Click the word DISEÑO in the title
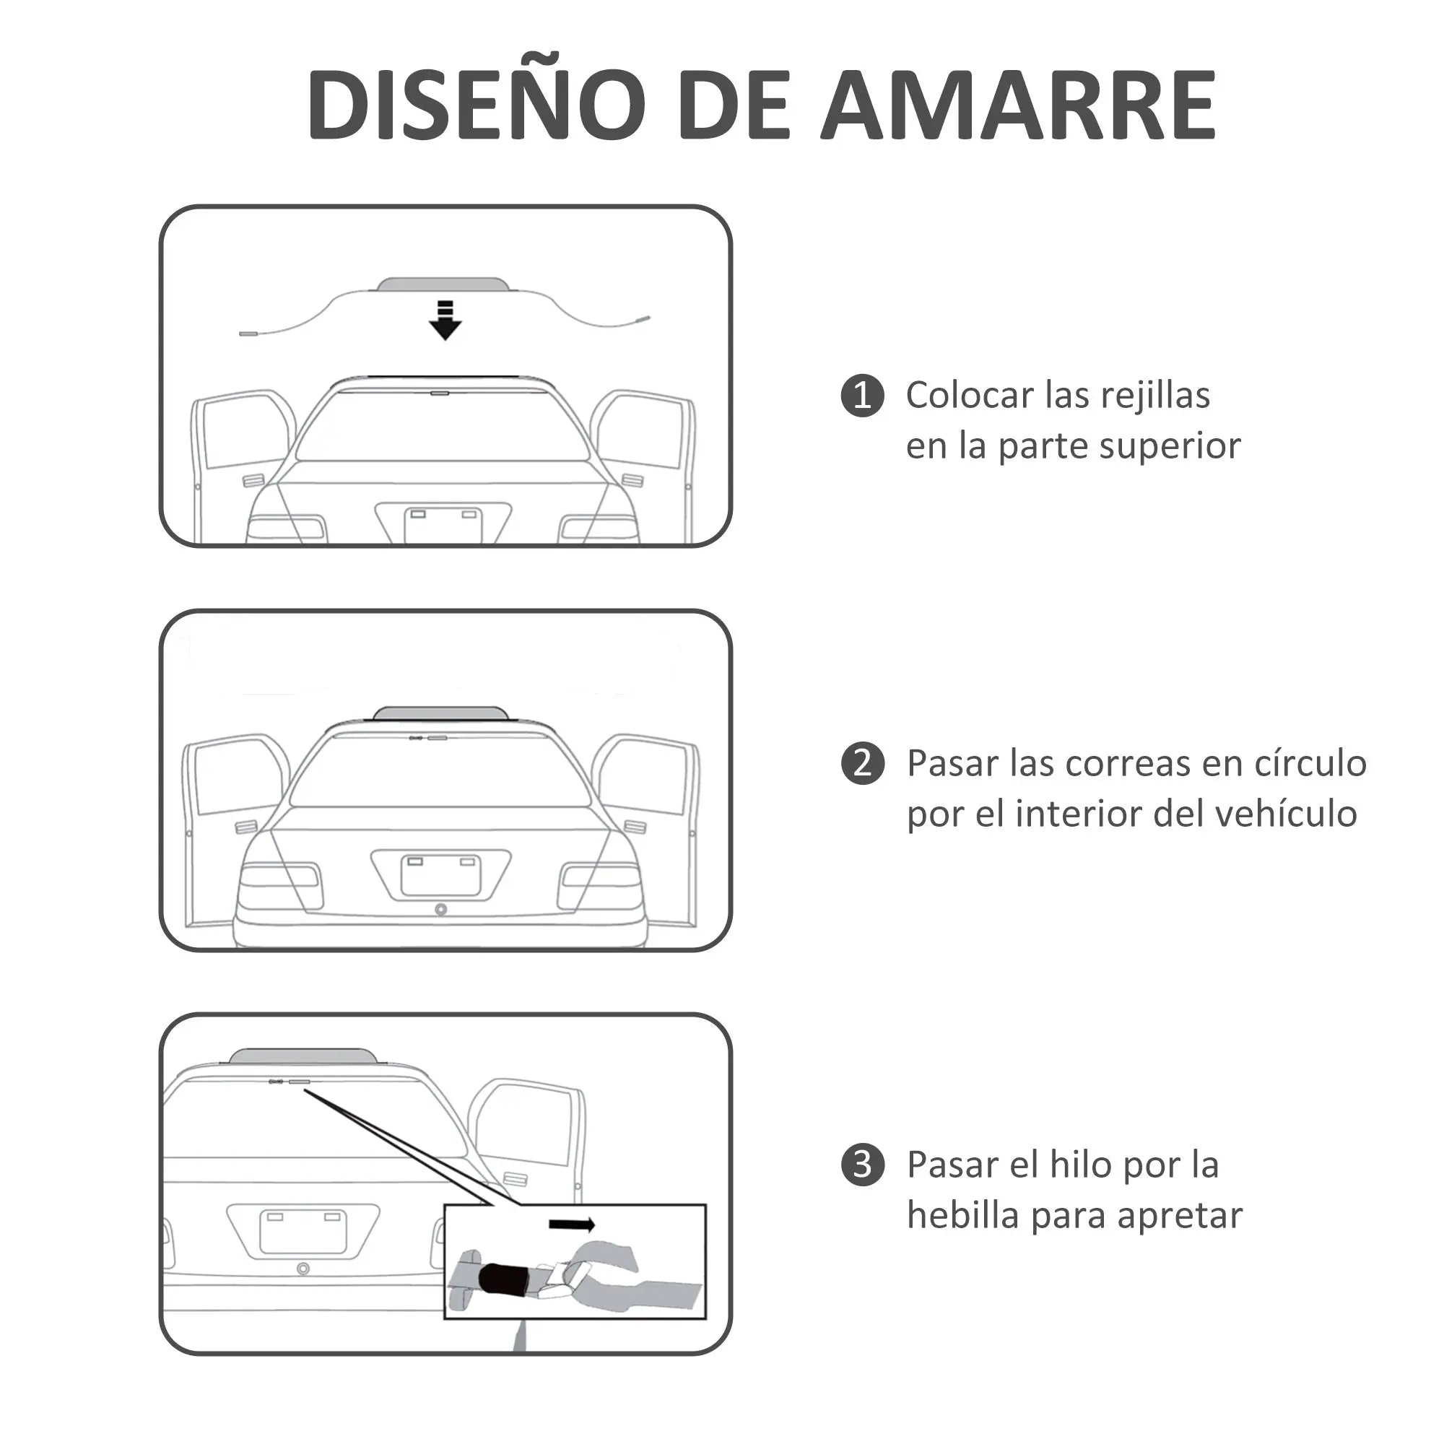[476, 104]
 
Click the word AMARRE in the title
[1019, 104]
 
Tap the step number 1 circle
[863, 396]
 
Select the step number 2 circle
[863, 764]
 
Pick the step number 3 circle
[863, 1165]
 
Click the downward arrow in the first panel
[445, 321]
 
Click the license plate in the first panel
[443, 526]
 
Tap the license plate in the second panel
[441, 875]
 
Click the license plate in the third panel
[303, 1231]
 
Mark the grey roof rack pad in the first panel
[443, 284]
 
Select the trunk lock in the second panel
[441, 910]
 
